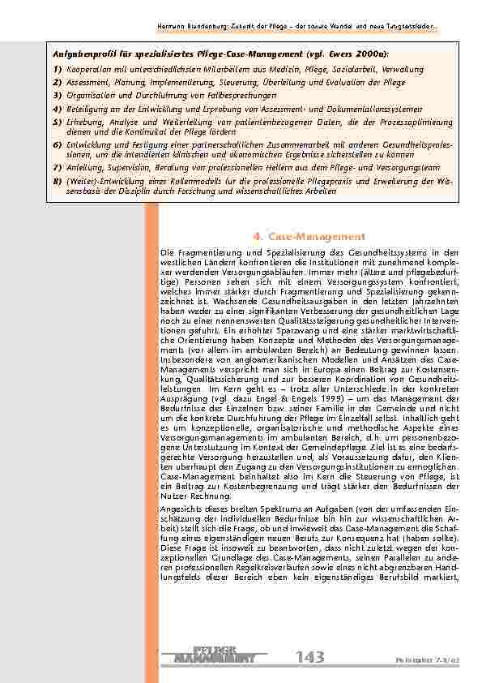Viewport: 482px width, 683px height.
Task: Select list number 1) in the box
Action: [x=57, y=70]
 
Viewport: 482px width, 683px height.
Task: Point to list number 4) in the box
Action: [x=57, y=107]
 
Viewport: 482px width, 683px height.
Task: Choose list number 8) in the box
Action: [x=57, y=180]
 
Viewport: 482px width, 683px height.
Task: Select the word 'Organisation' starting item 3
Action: [x=90, y=95]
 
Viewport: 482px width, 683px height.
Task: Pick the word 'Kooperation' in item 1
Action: [x=89, y=70]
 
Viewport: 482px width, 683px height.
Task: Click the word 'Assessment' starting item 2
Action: [x=87, y=83]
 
